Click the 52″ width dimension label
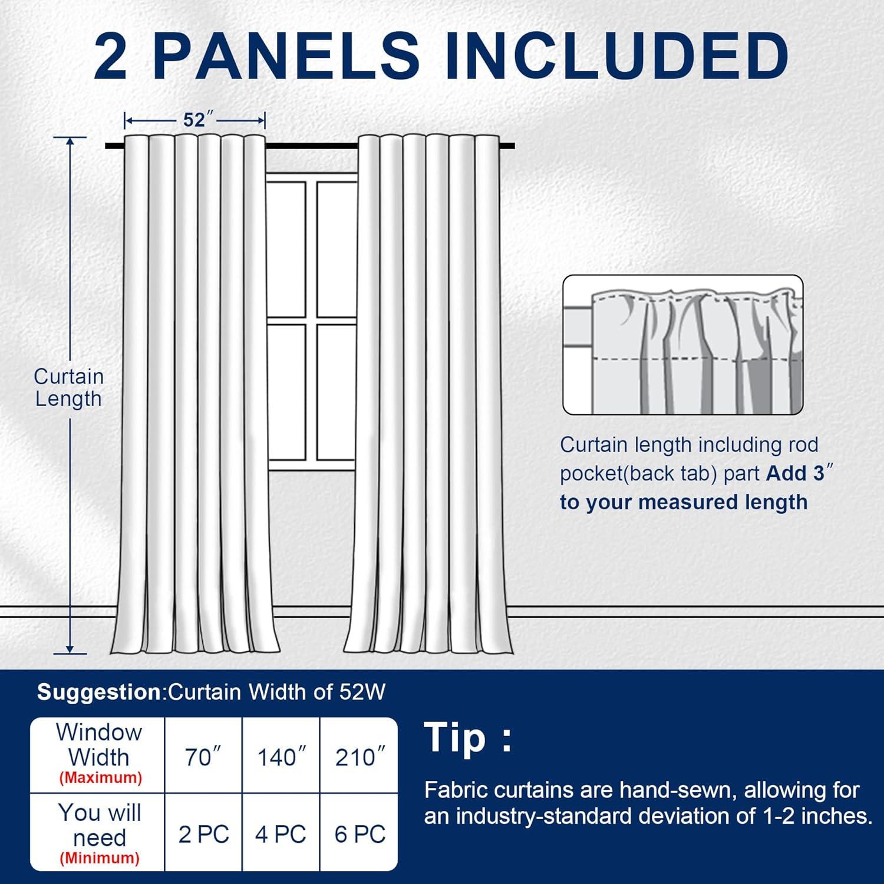(194, 120)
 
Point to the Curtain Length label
(68, 387)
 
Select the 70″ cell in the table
(203, 757)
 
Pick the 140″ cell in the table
(281, 757)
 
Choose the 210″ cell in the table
(359, 757)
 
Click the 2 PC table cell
(203, 834)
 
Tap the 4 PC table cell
(281, 834)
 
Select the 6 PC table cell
(359, 834)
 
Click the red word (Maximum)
(100, 778)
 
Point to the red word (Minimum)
(100, 858)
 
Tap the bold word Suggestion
(98, 692)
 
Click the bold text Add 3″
(799, 473)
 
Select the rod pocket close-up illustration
(682, 345)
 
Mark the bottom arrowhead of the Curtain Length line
(70, 649)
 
